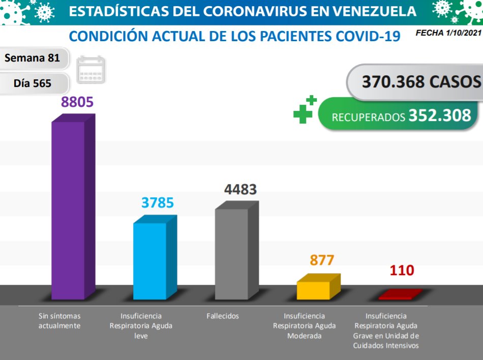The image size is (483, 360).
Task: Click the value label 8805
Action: (77, 102)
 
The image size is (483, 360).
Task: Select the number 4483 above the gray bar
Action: (240, 189)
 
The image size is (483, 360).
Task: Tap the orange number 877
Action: (322, 260)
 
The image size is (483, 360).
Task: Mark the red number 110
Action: (402, 270)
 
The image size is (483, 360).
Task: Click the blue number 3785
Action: (158, 202)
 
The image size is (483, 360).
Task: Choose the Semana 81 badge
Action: (32, 58)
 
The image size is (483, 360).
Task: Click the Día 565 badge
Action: (32, 83)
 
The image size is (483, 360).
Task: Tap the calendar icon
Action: (91, 70)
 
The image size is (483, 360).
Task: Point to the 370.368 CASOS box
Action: (414, 81)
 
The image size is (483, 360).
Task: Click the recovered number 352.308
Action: (439, 115)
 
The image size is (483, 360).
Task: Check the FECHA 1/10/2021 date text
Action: (448, 33)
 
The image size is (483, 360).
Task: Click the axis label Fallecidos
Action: (223, 316)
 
